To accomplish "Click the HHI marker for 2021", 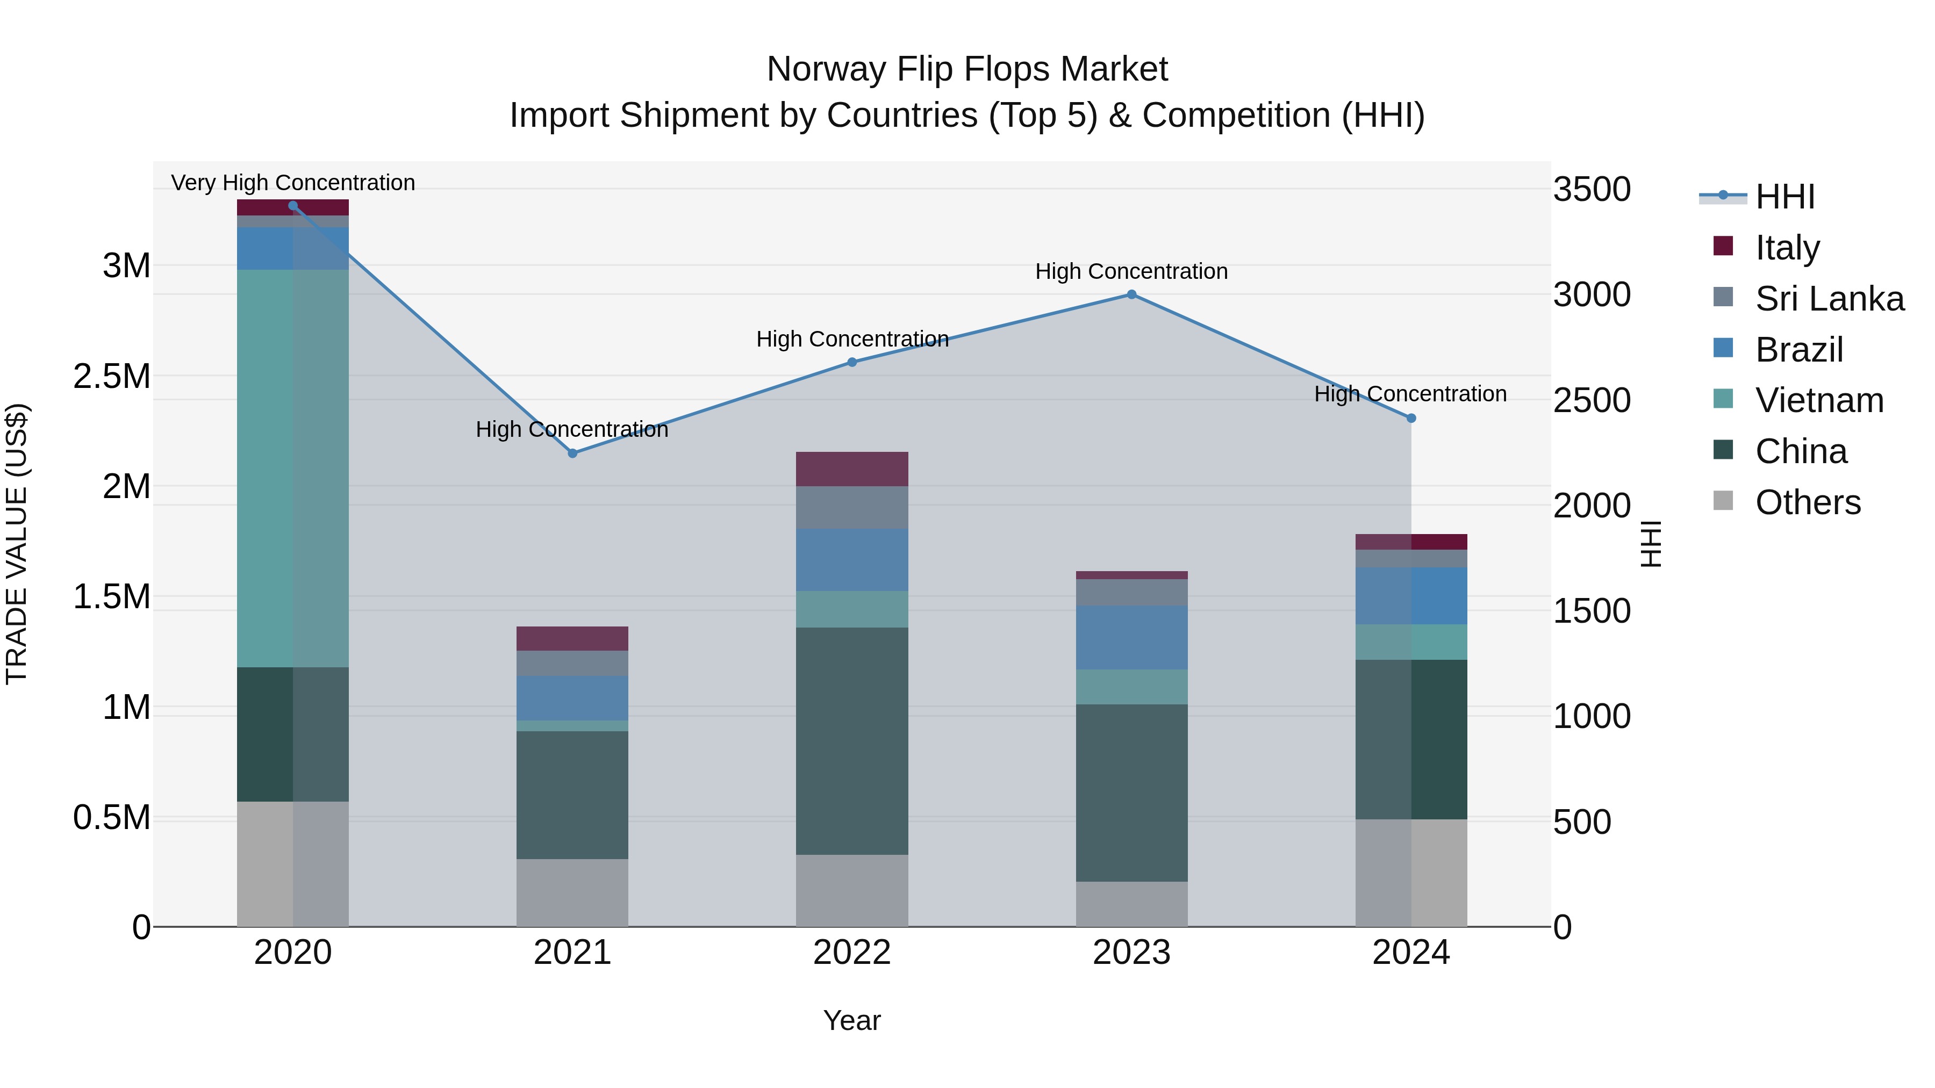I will (x=572, y=453).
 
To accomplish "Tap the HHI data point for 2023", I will (x=1131, y=294).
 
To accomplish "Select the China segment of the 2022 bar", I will (x=852, y=740).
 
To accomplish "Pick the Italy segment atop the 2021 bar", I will (x=572, y=638).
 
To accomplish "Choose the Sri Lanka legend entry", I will (x=1829, y=298).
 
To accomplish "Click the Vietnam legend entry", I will (x=1818, y=400).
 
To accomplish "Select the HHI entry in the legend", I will (x=1784, y=197).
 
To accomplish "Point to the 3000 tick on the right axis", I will (x=1592, y=294).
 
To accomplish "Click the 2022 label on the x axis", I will (x=852, y=953).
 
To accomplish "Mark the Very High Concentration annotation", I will (x=293, y=183).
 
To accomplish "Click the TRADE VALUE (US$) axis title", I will (x=17, y=544).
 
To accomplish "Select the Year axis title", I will (x=852, y=1020).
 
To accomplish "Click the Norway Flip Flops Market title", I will (x=967, y=69).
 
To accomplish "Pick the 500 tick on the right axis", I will (x=1582, y=822).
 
